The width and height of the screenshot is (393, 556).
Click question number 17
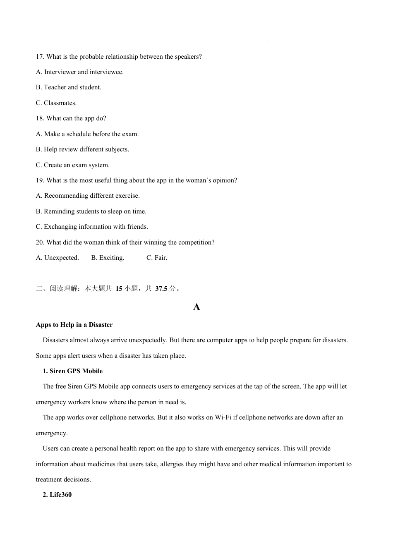tap(40, 57)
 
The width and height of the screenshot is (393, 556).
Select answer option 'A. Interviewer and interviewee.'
tap(79, 72)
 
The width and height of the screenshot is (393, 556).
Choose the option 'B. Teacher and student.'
tap(68, 87)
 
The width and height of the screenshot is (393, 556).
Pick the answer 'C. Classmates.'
tap(56, 103)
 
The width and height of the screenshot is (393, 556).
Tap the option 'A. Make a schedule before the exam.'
tap(87, 134)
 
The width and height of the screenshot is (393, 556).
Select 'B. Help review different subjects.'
tap(82, 149)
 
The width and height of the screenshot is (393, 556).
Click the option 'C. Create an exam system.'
tap(72, 165)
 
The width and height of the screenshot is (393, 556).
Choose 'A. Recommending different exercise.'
tap(88, 196)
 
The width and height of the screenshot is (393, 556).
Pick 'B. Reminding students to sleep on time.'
tap(91, 211)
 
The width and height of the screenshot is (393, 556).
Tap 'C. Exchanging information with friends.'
tap(92, 227)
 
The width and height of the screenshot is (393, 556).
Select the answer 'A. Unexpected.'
tap(57, 258)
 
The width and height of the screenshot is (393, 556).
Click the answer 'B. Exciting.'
tap(108, 258)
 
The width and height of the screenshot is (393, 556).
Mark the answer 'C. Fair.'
tap(157, 258)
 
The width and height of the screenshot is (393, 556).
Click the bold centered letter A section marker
tap(196, 307)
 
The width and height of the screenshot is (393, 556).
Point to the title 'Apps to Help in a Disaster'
tap(74, 325)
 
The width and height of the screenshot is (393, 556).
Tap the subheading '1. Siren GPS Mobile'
tap(73, 371)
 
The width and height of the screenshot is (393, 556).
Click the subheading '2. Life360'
tap(57, 495)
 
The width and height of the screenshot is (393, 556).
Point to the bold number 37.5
tap(161, 289)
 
